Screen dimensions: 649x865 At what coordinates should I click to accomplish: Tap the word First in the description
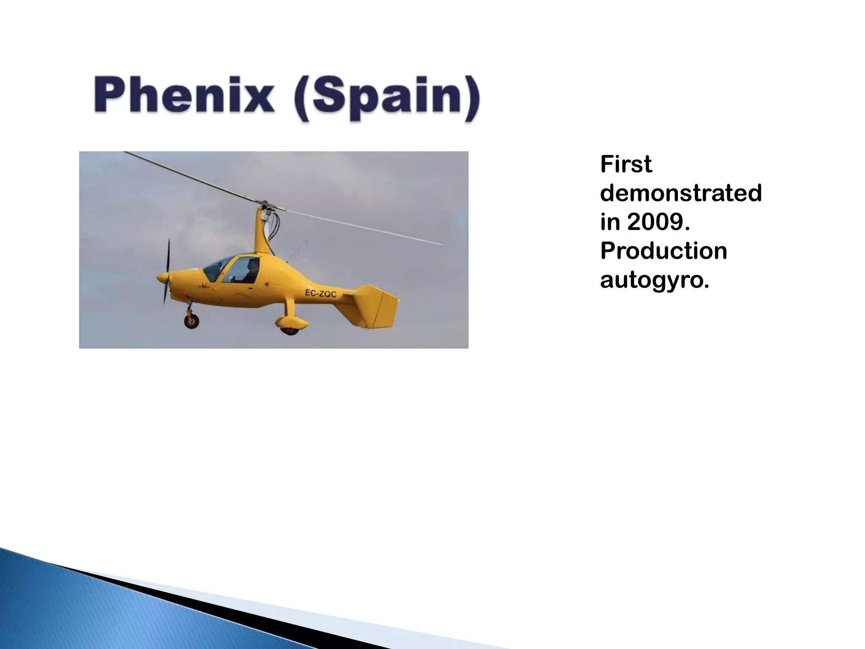[x=626, y=164]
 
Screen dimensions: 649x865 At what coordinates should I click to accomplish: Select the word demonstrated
[x=680, y=193]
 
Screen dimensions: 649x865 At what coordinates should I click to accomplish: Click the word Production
[x=664, y=251]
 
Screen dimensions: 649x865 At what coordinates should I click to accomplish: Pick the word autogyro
[x=654, y=280]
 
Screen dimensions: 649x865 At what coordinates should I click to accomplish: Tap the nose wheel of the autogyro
[x=191, y=322]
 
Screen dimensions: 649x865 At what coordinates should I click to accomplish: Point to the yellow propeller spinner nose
[x=161, y=278]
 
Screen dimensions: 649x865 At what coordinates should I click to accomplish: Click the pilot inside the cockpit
[x=252, y=270]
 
